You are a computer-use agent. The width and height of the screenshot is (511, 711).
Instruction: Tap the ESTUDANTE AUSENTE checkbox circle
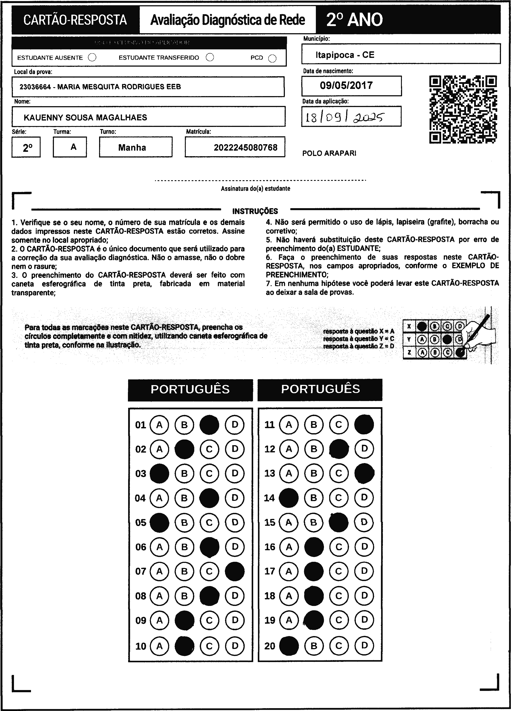[92, 57]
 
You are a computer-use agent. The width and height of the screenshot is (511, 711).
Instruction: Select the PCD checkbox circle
[272, 58]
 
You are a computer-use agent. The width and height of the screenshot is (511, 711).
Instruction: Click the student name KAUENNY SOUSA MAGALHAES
[85, 118]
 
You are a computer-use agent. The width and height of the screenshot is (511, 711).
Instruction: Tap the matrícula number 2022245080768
[245, 147]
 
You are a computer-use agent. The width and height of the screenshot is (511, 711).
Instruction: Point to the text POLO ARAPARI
[329, 153]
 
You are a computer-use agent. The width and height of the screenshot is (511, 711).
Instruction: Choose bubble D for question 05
[235, 522]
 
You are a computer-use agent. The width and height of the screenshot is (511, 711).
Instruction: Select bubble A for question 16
[289, 547]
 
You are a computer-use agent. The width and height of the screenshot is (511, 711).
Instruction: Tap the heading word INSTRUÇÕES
[255, 211]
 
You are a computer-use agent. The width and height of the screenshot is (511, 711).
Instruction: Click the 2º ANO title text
[354, 20]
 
